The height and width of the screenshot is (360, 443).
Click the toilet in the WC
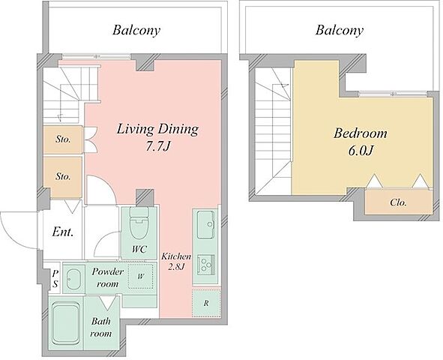(x=139, y=223)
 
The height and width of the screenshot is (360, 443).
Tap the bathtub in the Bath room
(x=66, y=323)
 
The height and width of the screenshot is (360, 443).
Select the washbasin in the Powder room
(x=73, y=279)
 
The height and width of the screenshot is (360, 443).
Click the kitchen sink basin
(x=205, y=224)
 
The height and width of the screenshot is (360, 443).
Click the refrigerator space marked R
(x=206, y=304)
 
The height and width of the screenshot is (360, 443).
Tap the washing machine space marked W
(x=141, y=276)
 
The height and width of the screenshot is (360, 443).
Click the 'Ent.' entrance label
(x=63, y=232)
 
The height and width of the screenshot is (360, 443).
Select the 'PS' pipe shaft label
(x=55, y=278)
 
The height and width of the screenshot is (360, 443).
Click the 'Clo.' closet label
(x=398, y=202)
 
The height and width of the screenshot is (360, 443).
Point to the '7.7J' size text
(x=157, y=147)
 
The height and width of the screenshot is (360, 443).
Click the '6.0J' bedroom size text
(x=361, y=151)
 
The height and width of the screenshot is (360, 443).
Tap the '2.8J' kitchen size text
(x=176, y=267)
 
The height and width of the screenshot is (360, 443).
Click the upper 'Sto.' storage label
(x=63, y=139)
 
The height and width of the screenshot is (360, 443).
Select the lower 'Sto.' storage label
(x=63, y=176)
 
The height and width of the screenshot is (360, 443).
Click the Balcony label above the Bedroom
(x=340, y=30)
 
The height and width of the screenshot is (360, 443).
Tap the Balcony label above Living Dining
(x=136, y=30)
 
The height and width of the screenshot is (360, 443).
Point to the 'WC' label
(x=139, y=249)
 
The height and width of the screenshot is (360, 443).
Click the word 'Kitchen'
(x=176, y=256)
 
